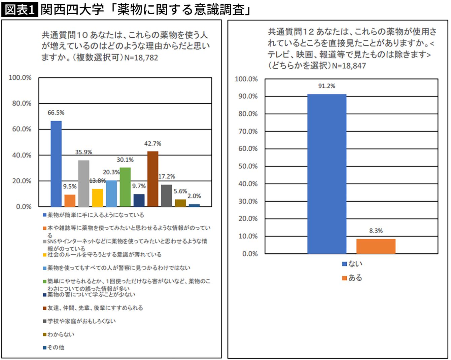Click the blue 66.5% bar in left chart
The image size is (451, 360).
tap(56, 164)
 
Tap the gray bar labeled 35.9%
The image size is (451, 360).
tap(83, 183)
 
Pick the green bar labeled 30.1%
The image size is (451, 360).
tap(125, 187)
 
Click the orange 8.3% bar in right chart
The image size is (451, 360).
tap(376, 246)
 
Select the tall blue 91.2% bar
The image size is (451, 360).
tap(326, 174)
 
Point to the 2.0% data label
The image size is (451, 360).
tap(194, 196)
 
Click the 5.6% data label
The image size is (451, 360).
tap(180, 191)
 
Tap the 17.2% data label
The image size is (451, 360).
tap(167, 176)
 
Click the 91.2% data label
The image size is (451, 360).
tap(326, 86)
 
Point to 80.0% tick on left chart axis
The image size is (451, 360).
tap(22, 103)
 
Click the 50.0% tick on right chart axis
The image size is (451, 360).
tap(248, 166)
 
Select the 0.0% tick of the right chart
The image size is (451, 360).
tap(250, 254)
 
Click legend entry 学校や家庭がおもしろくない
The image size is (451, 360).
tap(81, 321)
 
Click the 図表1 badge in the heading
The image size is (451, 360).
tap(20, 9)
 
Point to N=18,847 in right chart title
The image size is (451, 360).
tap(349, 66)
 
